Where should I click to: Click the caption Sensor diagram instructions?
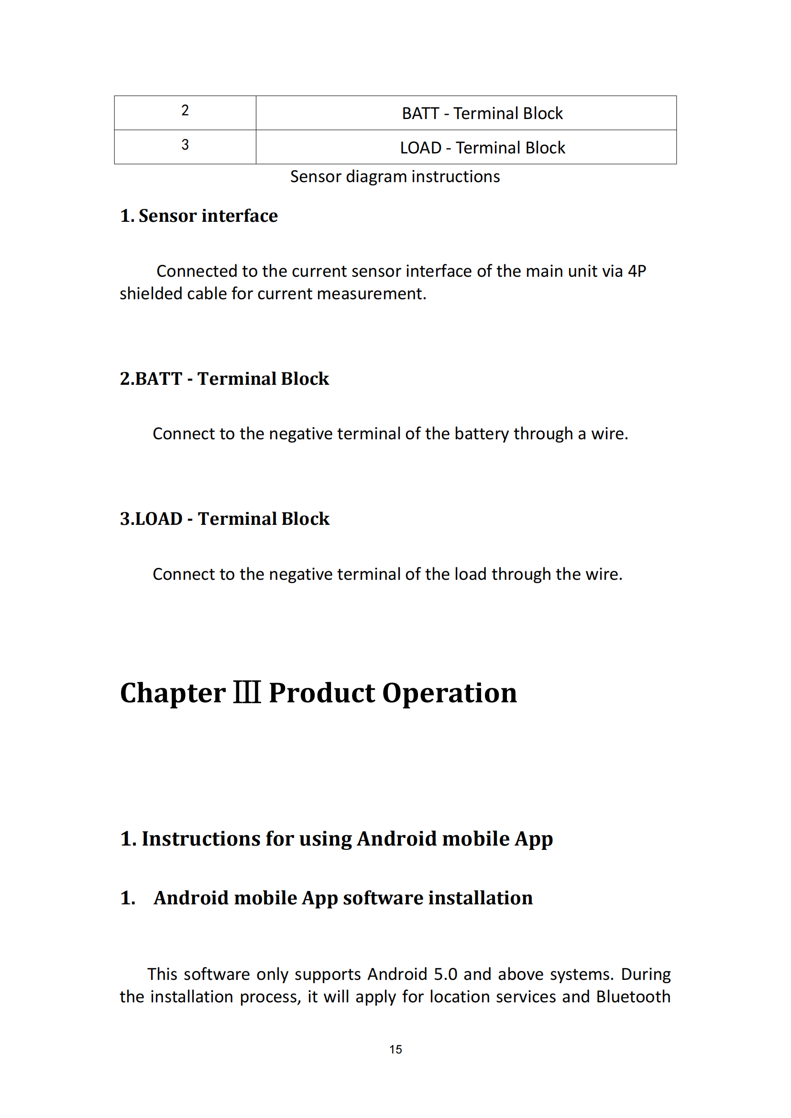(x=395, y=177)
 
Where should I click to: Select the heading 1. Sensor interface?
(x=199, y=216)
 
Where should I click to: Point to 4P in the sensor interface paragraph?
(x=637, y=271)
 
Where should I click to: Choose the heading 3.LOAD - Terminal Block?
(x=225, y=519)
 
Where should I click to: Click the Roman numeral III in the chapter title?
(x=247, y=693)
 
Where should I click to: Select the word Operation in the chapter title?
(x=449, y=693)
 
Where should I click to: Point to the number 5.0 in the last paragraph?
(x=445, y=974)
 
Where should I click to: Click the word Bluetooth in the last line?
(x=633, y=997)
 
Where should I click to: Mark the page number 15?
(x=395, y=1049)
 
